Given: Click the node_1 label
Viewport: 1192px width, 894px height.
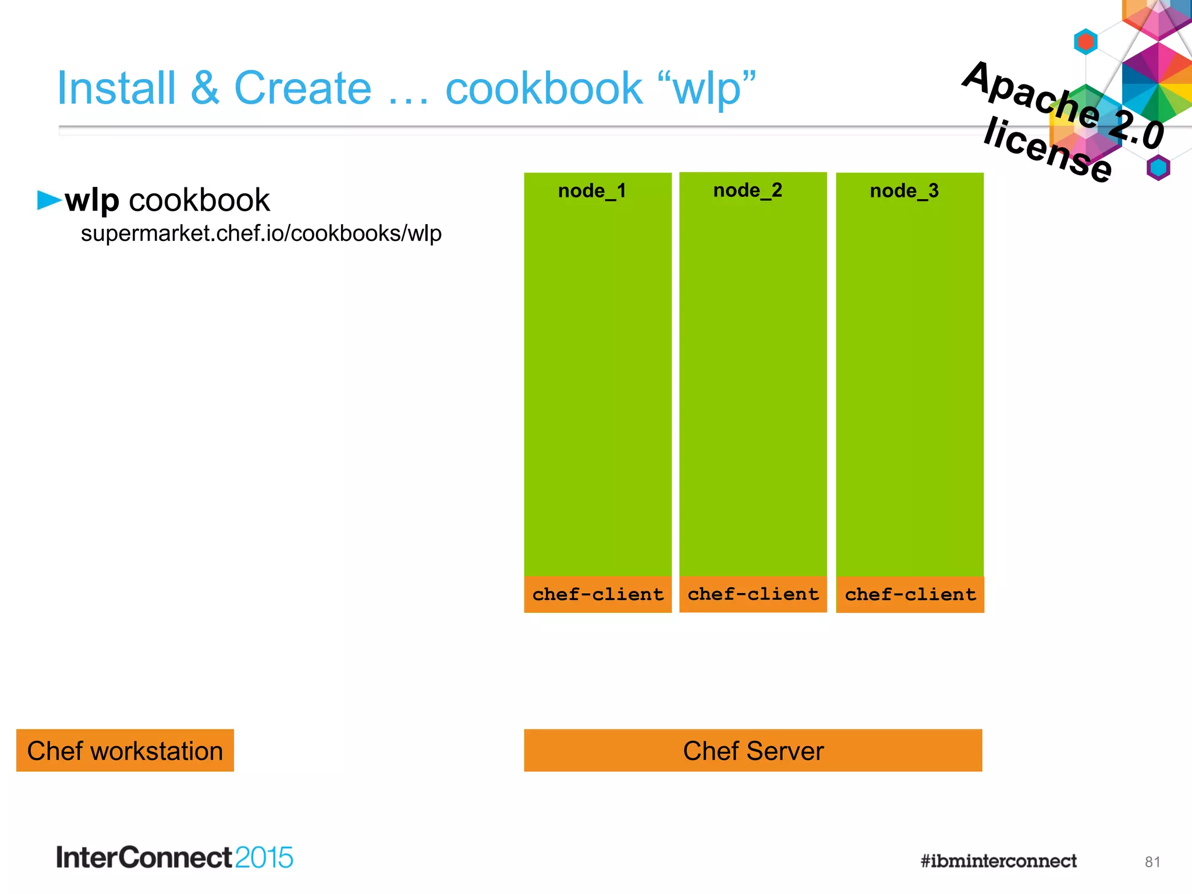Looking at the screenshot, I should (x=592, y=191).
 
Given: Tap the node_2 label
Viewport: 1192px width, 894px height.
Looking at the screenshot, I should (x=747, y=190).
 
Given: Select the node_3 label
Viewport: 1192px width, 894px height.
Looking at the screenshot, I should (x=904, y=191).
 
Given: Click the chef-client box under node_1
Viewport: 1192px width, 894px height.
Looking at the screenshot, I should (x=598, y=594).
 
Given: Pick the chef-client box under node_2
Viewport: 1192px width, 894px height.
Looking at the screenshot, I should (x=753, y=594).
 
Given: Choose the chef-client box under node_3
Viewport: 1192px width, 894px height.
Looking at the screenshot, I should (x=910, y=594).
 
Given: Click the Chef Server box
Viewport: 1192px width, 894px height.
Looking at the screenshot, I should (x=753, y=751).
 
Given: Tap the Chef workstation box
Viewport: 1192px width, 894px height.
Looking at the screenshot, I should (x=125, y=751).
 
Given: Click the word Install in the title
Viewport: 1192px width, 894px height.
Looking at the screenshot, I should (x=116, y=88).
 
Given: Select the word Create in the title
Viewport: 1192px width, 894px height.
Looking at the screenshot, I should (x=302, y=88).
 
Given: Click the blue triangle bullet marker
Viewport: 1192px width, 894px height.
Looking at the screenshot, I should (x=48, y=200).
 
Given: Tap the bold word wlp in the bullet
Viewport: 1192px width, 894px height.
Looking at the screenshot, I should (x=92, y=201).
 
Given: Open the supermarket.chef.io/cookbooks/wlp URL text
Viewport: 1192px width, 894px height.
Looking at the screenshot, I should (x=261, y=233).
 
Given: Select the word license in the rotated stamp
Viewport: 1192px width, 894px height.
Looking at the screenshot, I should (x=1048, y=149).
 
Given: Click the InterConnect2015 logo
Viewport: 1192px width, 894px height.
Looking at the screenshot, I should (x=175, y=857).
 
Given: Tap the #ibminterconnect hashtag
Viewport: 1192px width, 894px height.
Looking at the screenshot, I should (x=998, y=861).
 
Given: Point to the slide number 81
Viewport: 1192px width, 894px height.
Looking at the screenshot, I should (x=1152, y=862).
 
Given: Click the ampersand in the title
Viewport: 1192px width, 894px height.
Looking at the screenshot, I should (x=205, y=88).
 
